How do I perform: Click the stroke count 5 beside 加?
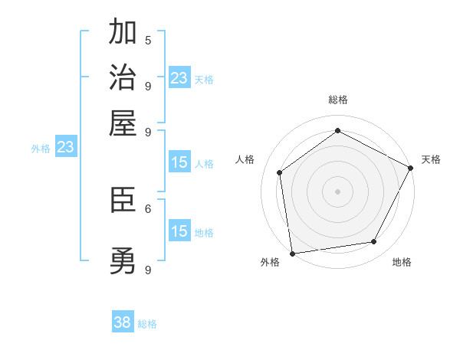click(148, 39)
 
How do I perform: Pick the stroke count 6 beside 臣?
click(148, 208)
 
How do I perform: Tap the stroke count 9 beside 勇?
click(148, 269)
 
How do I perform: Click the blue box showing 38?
click(123, 322)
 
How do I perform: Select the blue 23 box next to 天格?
click(179, 77)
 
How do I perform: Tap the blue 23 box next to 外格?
click(65, 146)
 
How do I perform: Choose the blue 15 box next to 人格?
click(179, 162)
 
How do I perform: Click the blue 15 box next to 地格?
click(179, 231)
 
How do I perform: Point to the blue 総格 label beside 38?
click(147, 324)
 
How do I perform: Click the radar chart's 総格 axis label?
click(338, 100)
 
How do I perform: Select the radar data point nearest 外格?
click(292, 253)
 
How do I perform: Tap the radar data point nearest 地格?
click(374, 242)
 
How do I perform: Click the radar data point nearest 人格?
click(280, 172)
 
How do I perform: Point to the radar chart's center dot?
click(338, 191)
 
